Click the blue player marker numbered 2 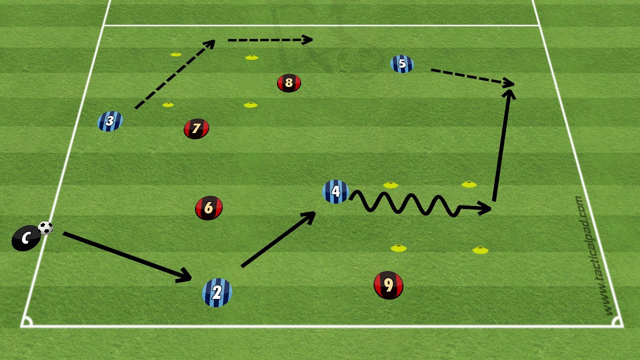coord(217,292)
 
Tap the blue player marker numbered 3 coord(110,121)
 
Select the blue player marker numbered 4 coord(335,191)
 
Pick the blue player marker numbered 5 coord(402,64)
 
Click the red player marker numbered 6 coord(208,207)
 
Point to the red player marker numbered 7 coord(196,128)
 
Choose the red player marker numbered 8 coord(288,82)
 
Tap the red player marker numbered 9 coord(388,285)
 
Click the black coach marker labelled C coord(26,238)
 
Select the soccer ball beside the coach coord(45,228)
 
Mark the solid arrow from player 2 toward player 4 coord(277,239)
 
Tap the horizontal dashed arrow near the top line coord(270,40)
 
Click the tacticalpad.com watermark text coord(593,255)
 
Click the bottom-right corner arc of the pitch coord(617,322)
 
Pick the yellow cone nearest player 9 coord(398,247)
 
